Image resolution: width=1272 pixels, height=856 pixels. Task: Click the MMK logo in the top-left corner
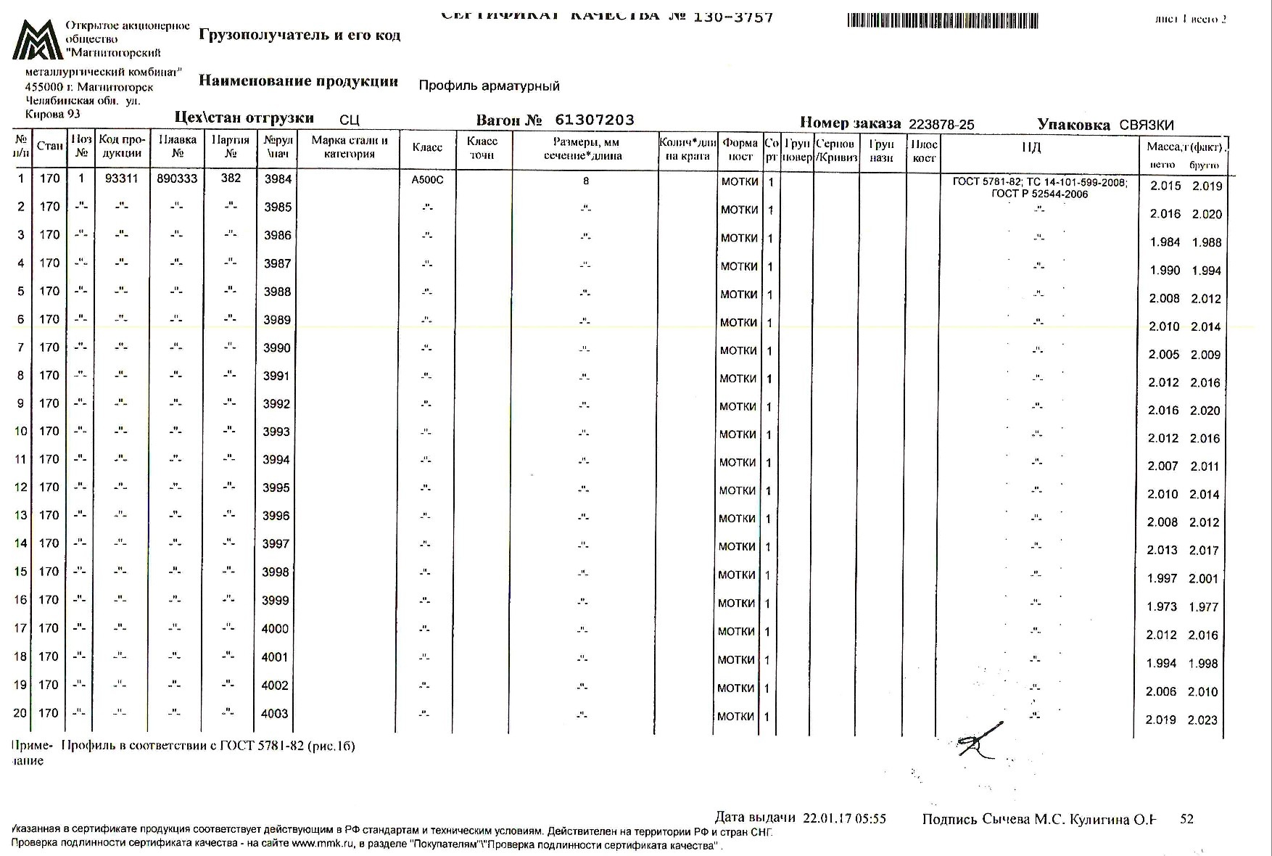click(37, 40)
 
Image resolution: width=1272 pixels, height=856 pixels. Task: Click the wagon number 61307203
click(594, 120)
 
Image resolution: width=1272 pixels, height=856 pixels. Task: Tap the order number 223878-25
click(941, 125)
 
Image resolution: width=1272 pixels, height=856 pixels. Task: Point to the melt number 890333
click(177, 178)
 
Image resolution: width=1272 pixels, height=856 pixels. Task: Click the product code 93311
click(121, 178)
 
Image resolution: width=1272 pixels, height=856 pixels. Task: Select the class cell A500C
click(427, 180)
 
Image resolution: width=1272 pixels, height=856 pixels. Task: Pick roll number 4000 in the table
click(275, 629)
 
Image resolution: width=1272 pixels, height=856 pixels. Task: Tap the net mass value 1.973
click(1162, 607)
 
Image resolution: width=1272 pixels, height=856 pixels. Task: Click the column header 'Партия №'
click(230, 147)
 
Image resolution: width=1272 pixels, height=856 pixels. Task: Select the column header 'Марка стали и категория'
click(349, 147)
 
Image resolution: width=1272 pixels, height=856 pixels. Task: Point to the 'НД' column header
click(1031, 148)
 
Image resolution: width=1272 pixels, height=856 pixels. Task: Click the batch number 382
click(231, 178)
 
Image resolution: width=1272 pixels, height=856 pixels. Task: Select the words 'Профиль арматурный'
click(489, 86)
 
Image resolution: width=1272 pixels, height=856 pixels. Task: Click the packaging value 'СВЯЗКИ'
click(1146, 125)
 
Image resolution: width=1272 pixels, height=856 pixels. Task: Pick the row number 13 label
click(20, 516)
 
